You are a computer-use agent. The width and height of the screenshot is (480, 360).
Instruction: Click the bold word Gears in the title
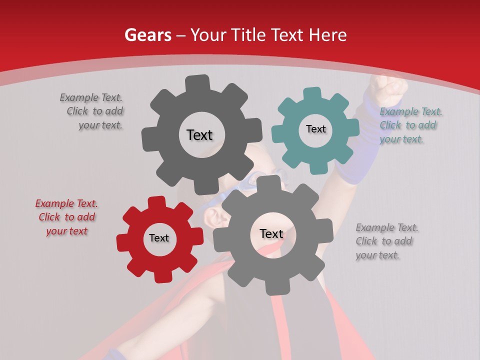tap(147, 35)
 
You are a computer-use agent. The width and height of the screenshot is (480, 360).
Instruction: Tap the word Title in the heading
tap(247, 35)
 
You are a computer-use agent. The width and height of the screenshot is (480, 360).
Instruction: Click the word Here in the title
tap(328, 35)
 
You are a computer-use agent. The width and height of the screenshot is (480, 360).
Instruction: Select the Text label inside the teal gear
tap(315, 129)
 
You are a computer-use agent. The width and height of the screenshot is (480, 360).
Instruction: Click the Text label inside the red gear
tap(159, 238)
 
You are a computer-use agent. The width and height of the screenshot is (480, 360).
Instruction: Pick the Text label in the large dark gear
tap(199, 135)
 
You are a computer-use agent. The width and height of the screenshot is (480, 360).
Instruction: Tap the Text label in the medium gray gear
tap(271, 233)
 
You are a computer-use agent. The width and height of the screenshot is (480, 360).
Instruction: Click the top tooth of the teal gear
tap(312, 93)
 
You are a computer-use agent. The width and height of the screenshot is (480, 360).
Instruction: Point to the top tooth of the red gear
tap(157, 202)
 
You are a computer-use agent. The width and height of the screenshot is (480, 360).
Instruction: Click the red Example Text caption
tap(66, 217)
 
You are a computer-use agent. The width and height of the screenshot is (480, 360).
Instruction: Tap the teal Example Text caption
tap(411, 125)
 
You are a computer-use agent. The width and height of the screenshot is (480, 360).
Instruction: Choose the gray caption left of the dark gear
tap(91, 111)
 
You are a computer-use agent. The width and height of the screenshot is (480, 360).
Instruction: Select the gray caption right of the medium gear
tap(386, 241)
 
